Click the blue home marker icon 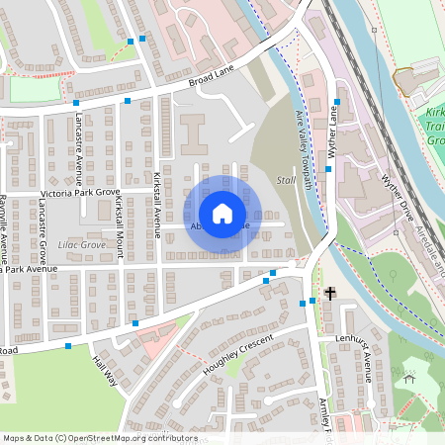(x=222, y=213)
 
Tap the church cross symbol (x=329, y=294)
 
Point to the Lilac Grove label (x=82, y=244)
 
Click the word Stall (x=286, y=179)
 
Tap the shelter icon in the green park (x=409, y=378)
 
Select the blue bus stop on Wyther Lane (x=336, y=101)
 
